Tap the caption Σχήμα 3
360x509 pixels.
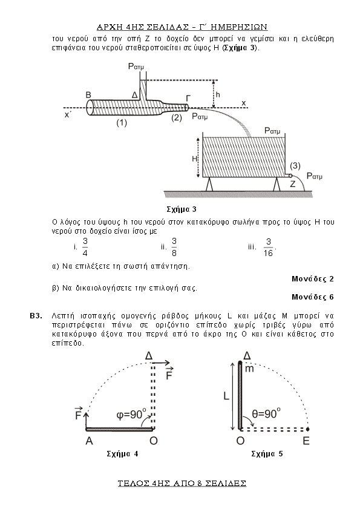(182, 209)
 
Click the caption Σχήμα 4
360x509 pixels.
(122, 454)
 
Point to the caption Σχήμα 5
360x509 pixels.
(267, 454)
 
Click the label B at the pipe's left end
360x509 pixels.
(88, 95)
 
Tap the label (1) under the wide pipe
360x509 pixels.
(122, 123)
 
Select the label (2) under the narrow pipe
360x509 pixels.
(177, 117)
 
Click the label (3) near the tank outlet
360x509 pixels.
(295, 166)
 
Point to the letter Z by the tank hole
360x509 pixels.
(292, 184)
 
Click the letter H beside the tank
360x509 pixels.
(194, 159)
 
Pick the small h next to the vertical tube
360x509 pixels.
(218, 94)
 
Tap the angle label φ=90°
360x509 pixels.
(132, 414)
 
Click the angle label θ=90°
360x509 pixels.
(266, 413)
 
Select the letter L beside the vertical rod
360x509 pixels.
(226, 396)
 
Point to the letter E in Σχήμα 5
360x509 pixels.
(306, 441)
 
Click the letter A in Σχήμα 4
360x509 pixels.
(90, 441)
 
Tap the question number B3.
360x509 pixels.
(36, 316)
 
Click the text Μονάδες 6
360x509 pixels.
(313, 297)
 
